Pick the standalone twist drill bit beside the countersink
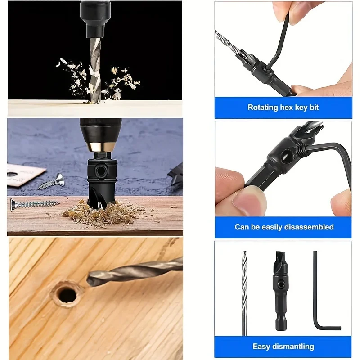click(x=244, y=292)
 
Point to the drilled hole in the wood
click(x=67, y=294)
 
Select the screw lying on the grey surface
click(x=51, y=182)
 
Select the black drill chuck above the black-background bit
click(x=95, y=18)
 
